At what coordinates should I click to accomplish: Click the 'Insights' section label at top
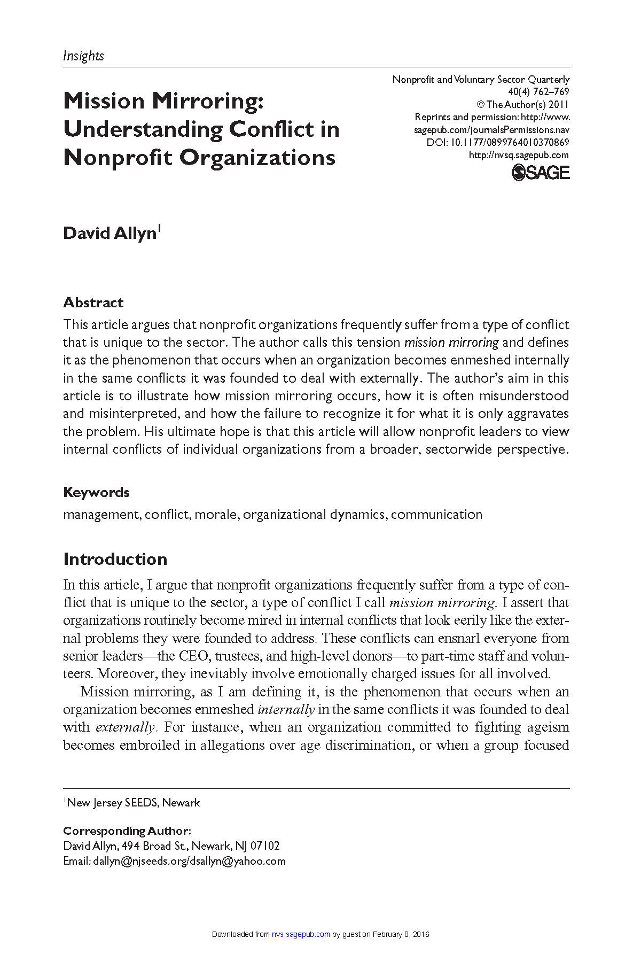tap(83, 56)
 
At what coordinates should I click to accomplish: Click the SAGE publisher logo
tap(541, 173)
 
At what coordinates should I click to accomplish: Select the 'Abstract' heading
tap(93, 302)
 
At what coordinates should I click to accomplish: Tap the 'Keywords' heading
tap(96, 492)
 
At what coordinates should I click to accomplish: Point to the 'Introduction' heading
tap(115, 559)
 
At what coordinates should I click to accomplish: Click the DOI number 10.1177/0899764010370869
tap(510, 143)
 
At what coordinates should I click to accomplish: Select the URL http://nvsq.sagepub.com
tap(519, 155)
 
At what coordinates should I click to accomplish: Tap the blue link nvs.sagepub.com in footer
tap(301, 934)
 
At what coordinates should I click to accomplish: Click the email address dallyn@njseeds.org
tap(140, 861)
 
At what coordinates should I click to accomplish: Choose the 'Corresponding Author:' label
tap(127, 831)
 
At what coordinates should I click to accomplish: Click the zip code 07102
tap(265, 846)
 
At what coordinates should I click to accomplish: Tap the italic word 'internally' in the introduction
tap(286, 710)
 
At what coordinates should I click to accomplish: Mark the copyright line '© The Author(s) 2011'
tap(522, 105)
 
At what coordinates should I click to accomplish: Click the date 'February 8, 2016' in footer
tap(401, 934)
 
